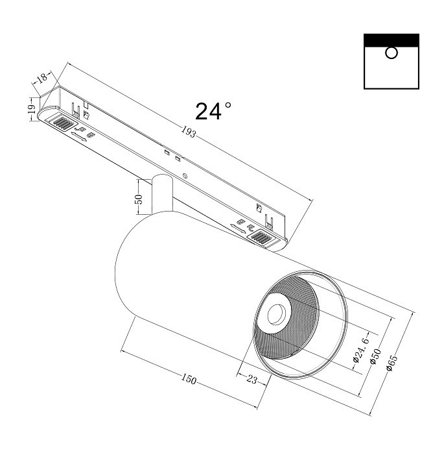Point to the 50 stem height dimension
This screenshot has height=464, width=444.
click(138, 199)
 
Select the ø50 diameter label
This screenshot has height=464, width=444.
click(375, 357)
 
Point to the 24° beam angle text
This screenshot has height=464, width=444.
click(213, 112)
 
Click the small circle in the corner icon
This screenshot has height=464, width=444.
click(391, 53)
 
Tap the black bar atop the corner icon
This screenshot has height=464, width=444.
click(391, 40)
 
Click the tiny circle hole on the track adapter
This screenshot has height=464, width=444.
click(186, 176)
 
